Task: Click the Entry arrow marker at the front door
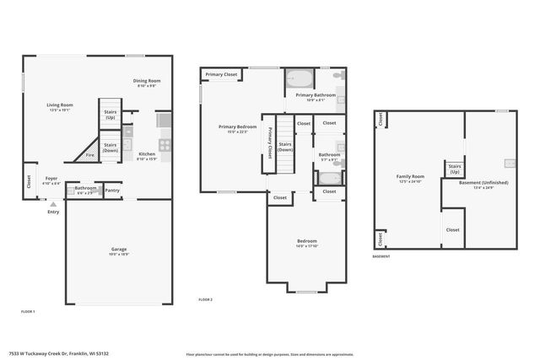point(53,204)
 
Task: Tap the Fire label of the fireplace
point(90,155)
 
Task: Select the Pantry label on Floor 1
point(112,191)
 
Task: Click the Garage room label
point(119,250)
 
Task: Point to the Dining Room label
point(147,81)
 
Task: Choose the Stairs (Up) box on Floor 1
point(110,114)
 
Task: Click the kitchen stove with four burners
point(164,143)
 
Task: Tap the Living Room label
point(59,105)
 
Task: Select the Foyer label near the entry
point(51,179)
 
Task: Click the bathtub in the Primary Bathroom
point(299,80)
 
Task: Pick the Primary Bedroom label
point(237,127)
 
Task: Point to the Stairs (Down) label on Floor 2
point(285,147)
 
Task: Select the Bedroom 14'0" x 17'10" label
point(306,243)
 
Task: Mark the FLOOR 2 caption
point(205,299)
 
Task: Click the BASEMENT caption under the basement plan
point(381,256)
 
